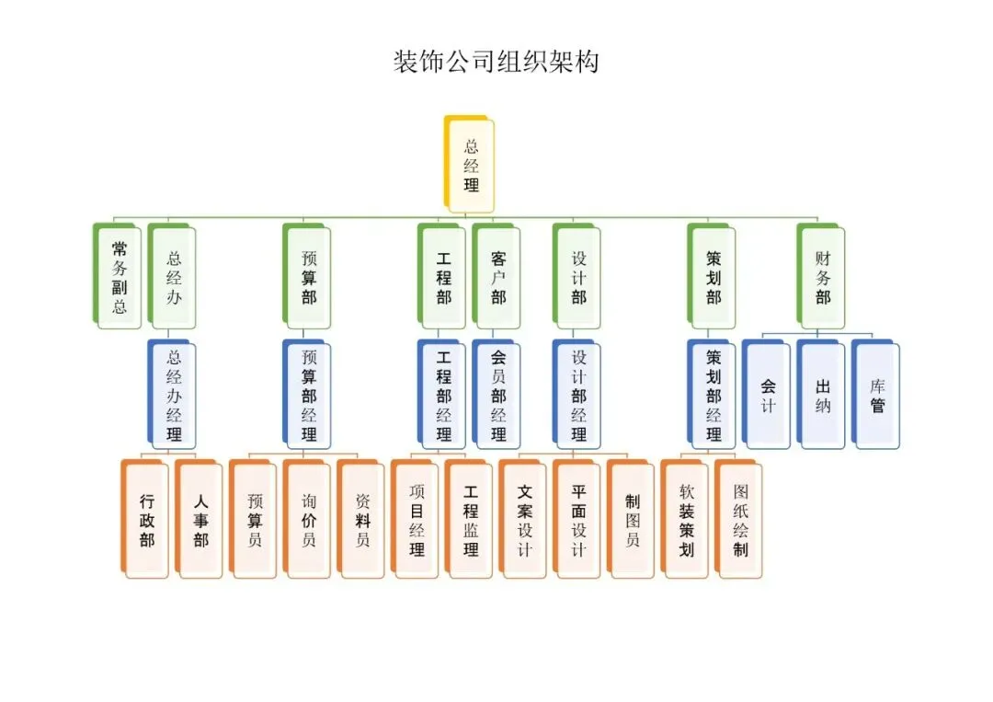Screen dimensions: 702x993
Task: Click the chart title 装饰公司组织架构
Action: click(496, 63)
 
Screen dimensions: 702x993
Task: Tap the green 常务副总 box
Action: click(119, 276)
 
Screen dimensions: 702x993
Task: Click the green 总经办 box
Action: click(173, 276)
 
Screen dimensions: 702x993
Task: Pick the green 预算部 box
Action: click(308, 276)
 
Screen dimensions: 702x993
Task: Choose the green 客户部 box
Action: click(497, 276)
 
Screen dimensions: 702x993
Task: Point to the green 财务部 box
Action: click(821, 276)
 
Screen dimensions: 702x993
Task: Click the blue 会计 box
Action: click(767, 396)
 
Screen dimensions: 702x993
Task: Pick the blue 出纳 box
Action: click(821, 396)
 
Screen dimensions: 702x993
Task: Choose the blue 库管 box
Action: click(876, 396)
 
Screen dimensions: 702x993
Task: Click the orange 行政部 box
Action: click(146, 521)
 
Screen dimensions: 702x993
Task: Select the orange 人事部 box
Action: click(200, 521)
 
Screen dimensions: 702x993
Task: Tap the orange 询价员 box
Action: click(308, 521)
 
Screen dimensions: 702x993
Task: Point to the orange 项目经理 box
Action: click(417, 521)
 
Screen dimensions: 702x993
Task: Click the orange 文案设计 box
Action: click(524, 521)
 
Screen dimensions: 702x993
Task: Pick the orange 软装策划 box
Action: click(686, 521)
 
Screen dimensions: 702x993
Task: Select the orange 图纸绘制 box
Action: click(740, 521)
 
